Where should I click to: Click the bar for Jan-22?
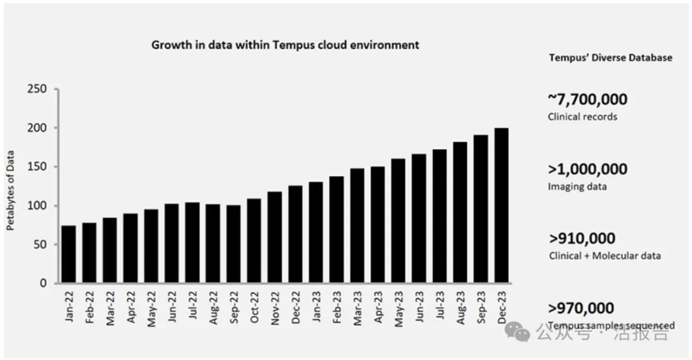[69, 254]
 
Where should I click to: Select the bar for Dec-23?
[502, 206]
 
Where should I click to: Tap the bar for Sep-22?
[234, 244]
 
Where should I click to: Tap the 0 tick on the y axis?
[43, 283]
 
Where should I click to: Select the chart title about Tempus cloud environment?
[285, 45]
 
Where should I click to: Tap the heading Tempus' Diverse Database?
[611, 58]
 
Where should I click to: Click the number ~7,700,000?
[588, 99]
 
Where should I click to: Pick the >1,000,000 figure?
[588, 170]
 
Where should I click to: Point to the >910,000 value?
[582, 239]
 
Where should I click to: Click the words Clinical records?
[582, 117]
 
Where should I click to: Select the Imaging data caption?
[577, 186]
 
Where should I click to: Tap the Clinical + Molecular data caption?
[604, 256]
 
